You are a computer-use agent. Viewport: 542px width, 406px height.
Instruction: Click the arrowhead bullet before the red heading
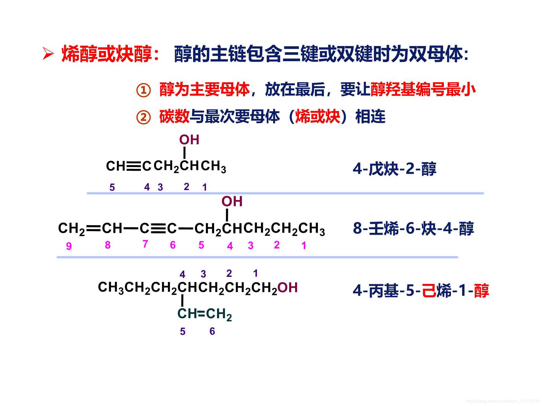pyautogui.click(x=48, y=54)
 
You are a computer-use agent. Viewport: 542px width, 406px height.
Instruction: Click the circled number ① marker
pyautogui.click(x=143, y=90)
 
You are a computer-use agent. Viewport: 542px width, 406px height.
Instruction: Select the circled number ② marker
pyautogui.click(x=143, y=117)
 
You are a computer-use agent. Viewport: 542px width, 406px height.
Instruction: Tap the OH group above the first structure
pyautogui.click(x=189, y=140)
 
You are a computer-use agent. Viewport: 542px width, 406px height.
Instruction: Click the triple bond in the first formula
pyautogui.click(x=134, y=166)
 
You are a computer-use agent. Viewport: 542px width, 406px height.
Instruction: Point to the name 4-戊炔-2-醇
pyautogui.click(x=394, y=169)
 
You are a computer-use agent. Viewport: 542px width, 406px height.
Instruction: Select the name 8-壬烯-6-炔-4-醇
pyautogui.click(x=413, y=228)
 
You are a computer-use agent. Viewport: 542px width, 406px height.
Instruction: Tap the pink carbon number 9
pyautogui.click(x=69, y=246)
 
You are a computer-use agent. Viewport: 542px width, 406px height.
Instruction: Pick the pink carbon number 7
pyautogui.click(x=145, y=244)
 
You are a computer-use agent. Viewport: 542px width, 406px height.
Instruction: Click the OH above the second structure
pyautogui.click(x=232, y=202)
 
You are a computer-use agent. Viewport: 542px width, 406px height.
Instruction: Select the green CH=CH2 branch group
pyautogui.click(x=205, y=314)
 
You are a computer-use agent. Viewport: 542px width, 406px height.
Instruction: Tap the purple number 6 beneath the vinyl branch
pyautogui.click(x=212, y=331)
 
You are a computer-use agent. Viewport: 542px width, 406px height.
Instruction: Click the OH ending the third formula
pyautogui.click(x=288, y=287)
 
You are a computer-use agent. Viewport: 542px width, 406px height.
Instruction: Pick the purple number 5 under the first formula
pyautogui.click(x=112, y=187)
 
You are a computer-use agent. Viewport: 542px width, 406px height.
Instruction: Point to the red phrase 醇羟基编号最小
pyautogui.click(x=423, y=89)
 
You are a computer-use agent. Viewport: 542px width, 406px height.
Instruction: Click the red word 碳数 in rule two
pyautogui.click(x=174, y=117)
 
